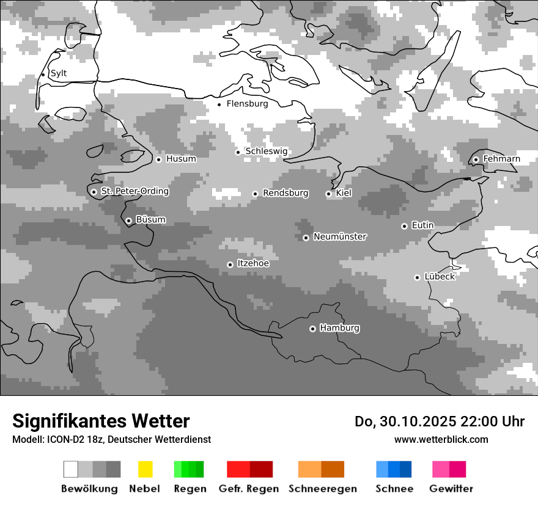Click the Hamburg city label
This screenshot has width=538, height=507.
[x=339, y=328]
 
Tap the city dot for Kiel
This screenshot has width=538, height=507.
[x=328, y=194]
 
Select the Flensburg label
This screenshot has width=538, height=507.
[x=247, y=104]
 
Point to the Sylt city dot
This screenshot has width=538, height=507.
[x=43, y=75]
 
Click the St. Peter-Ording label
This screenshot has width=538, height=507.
[x=134, y=191]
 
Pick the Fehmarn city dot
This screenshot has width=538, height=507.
[x=476, y=159]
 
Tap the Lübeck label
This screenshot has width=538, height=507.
[x=440, y=277]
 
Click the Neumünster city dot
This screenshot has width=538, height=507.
[x=306, y=238]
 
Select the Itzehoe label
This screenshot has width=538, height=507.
[x=252, y=263]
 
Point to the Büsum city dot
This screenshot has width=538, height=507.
[x=128, y=221]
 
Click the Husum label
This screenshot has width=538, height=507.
[x=181, y=159]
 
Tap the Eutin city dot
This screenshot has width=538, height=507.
[x=404, y=226]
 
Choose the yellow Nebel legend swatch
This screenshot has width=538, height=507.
[x=145, y=469]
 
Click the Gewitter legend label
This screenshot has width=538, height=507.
[x=451, y=489]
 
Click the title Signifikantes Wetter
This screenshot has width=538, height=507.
[x=101, y=421]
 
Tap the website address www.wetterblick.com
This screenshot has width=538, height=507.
[x=441, y=439]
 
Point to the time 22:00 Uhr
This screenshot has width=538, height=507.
[x=496, y=421]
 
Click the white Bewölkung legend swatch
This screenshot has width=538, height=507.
[x=71, y=469]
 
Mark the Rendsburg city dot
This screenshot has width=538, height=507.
[x=255, y=194]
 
